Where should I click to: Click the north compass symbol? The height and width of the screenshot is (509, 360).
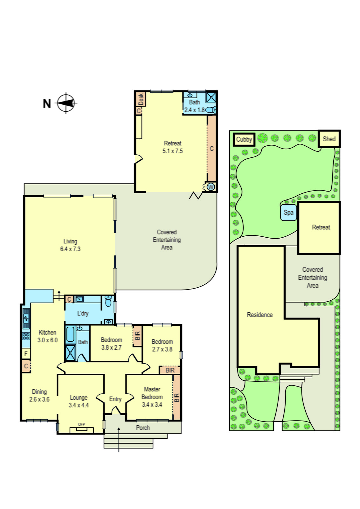coord(66,103)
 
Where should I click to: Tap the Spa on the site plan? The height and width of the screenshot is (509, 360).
coord(288,213)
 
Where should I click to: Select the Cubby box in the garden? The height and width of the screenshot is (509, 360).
coord(244,139)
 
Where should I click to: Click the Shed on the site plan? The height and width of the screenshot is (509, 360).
coord(329,139)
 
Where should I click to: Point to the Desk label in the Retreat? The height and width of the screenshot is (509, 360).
coord(141,99)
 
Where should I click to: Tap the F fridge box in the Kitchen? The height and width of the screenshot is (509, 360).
coord(26,353)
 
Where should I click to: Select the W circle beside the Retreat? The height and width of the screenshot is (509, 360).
coord(211,187)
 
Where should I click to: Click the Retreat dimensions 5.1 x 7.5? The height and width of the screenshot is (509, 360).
coord(172,151)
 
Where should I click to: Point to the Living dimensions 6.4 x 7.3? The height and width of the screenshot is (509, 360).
coord(70,249)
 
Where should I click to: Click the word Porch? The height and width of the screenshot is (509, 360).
coord(143,428)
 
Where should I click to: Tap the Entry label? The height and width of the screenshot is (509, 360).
coord(115,399)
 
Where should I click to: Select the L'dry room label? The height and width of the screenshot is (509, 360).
coord(83,313)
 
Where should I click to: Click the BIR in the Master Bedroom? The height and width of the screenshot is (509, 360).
coord(177,398)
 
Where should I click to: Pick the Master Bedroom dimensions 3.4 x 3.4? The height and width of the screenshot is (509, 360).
coord(152,405)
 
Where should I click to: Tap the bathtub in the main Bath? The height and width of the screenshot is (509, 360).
coord(70,334)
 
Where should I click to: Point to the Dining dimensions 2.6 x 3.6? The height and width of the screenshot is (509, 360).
coord(39,400)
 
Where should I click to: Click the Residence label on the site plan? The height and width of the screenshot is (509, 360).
coord(260,315)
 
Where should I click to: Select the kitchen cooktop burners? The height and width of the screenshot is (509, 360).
coord(26,336)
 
